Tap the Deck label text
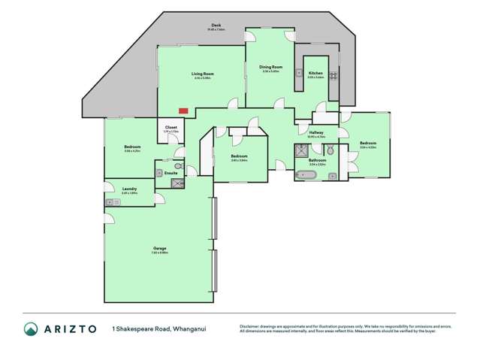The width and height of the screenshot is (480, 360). (216, 25)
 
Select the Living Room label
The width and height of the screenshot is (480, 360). (204, 74)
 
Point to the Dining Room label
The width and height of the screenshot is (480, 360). (270, 67)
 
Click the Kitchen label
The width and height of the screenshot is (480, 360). (315, 73)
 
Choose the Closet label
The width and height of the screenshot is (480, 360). (171, 127)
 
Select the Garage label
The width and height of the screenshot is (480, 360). (159, 248)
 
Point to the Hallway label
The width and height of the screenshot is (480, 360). (315, 132)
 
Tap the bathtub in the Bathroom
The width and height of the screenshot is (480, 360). (308, 175)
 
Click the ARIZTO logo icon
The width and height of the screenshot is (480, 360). (30, 328)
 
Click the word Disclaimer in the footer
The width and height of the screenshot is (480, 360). (251, 326)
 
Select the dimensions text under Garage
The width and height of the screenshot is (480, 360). (159, 253)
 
